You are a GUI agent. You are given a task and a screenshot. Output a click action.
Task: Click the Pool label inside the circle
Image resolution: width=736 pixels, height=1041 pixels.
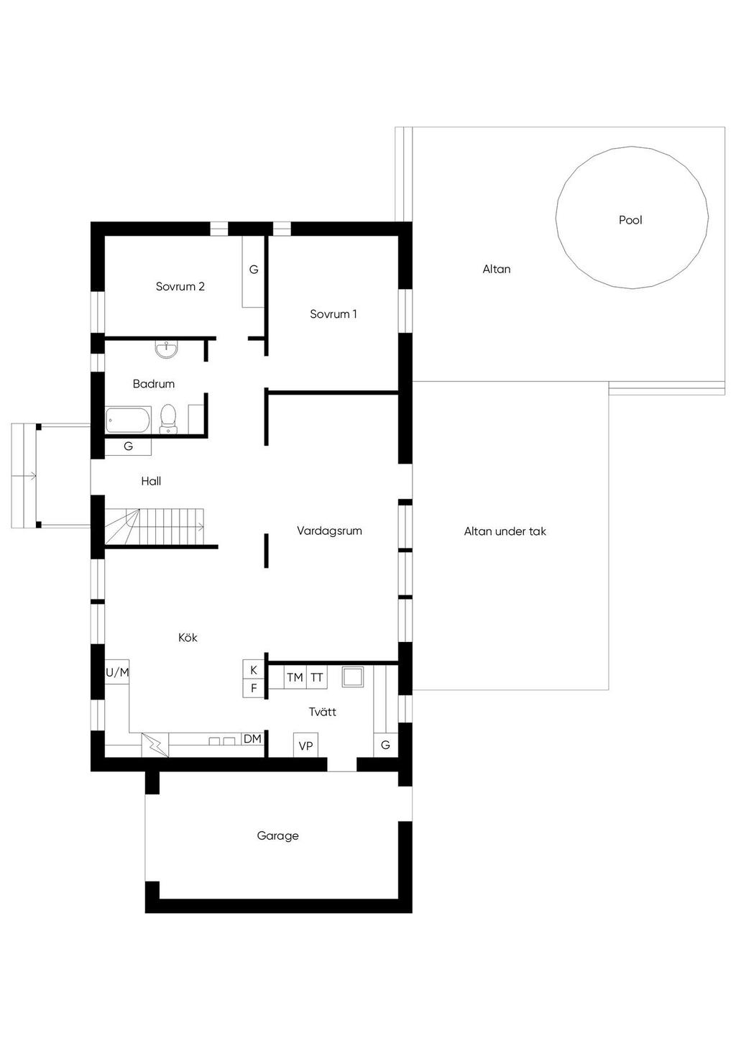pyautogui.click(x=630, y=220)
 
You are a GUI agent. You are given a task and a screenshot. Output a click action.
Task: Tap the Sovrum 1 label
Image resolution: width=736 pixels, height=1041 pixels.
pyautogui.click(x=333, y=314)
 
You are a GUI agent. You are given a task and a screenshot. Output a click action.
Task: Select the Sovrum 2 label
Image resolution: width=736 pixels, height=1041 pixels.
pyautogui.click(x=180, y=286)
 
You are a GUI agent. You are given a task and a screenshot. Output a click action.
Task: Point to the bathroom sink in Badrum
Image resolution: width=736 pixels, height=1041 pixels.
pyautogui.click(x=166, y=349)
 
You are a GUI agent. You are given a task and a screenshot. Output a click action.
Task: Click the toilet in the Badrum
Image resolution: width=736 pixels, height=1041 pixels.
pyautogui.click(x=167, y=418)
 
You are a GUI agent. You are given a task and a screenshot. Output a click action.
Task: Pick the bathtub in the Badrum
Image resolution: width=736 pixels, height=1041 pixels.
pyautogui.click(x=128, y=420)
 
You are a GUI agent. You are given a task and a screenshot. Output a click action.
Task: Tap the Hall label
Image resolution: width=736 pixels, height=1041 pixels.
pyautogui.click(x=151, y=481)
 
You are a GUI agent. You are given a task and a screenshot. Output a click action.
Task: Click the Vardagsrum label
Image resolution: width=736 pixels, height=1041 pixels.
pyautogui.click(x=329, y=531)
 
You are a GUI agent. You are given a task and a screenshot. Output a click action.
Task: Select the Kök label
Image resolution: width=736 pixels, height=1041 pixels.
pyautogui.click(x=188, y=637)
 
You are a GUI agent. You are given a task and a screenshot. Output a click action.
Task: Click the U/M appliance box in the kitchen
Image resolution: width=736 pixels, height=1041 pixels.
pyautogui.click(x=117, y=672)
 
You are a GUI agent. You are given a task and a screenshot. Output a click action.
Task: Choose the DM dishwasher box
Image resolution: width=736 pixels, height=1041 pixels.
pyautogui.click(x=253, y=738)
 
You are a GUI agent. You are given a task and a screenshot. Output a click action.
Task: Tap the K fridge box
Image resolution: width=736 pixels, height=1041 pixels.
pyautogui.click(x=254, y=670)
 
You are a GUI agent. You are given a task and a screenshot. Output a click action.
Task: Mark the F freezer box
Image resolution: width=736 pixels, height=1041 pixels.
pyautogui.click(x=254, y=688)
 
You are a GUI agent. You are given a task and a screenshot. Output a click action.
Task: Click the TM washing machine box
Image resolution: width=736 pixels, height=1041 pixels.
pyautogui.click(x=295, y=677)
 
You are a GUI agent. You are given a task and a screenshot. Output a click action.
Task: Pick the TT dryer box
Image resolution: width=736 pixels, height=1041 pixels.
pyautogui.click(x=316, y=677)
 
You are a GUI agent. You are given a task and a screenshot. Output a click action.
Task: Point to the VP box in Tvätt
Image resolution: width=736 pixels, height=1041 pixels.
pyautogui.click(x=305, y=746)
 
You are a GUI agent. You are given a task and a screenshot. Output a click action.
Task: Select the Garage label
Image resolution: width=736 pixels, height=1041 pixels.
pyautogui.click(x=278, y=835)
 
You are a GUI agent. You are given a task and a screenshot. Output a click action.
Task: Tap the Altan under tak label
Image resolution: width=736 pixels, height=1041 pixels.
pyautogui.click(x=505, y=531)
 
